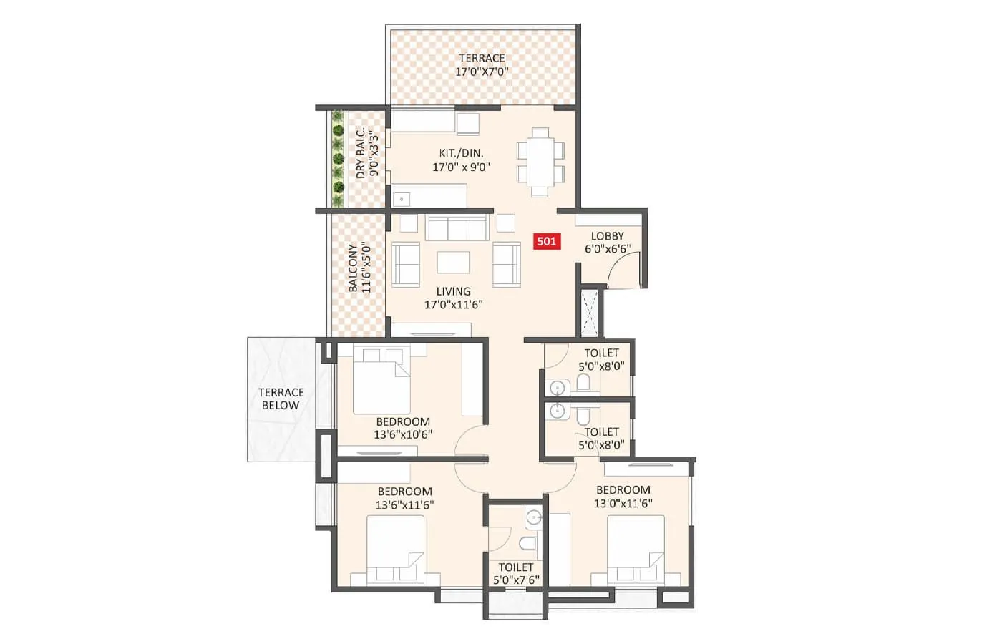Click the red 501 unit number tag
point(546,241)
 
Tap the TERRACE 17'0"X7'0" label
point(482,65)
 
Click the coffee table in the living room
point(454,263)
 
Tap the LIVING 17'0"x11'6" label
point(454,298)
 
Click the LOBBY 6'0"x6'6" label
point(607,242)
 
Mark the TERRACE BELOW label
point(281,399)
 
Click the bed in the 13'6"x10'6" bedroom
point(381,380)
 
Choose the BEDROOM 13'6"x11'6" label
point(404,498)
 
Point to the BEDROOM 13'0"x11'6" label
point(623,497)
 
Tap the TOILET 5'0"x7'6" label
point(516,573)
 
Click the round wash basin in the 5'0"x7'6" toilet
point(532,517)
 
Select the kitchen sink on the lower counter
point(401,199)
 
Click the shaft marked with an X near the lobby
point(590,313)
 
